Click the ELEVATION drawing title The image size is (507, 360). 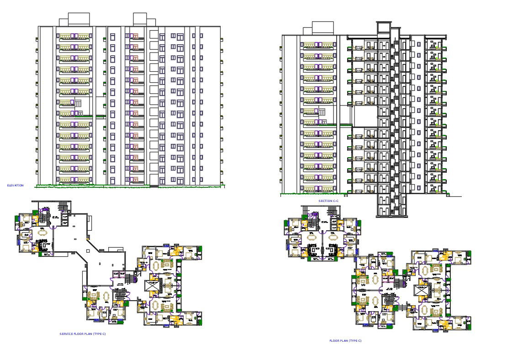coord(15,185)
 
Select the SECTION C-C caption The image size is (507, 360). coord(328,201)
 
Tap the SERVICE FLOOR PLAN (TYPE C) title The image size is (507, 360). coord(83,334)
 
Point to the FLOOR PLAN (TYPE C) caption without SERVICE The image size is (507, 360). coord(345,341)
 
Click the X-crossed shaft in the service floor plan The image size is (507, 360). coord(151,285)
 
